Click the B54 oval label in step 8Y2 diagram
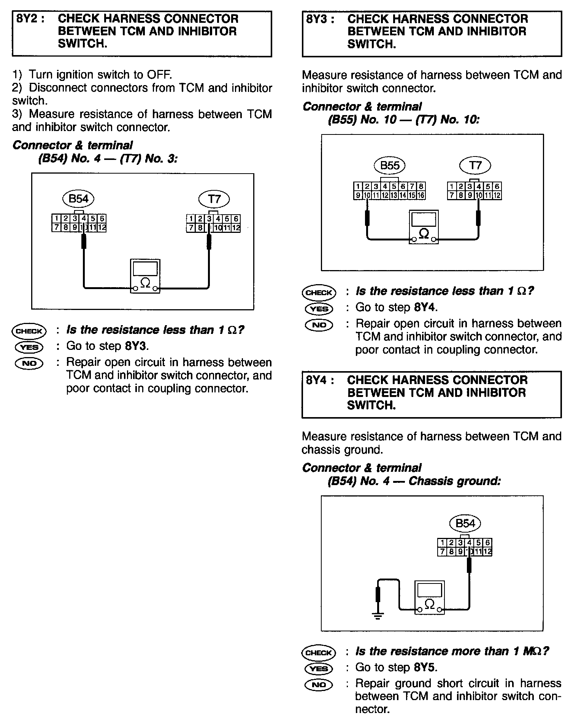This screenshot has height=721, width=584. click(78, 199)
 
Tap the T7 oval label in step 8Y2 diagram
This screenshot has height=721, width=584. click(214, 199)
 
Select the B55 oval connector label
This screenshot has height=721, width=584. click(389, 165)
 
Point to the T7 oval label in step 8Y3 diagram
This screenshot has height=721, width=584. click(475, 165)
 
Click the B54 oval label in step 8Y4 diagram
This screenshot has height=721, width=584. click(465, 523)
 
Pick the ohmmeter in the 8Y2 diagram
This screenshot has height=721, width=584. click(145, 276)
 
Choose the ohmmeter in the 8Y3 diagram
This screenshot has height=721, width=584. click(424, 227)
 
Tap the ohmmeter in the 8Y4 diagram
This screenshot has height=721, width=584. click(429, 597)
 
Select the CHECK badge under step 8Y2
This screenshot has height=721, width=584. click(29, 331)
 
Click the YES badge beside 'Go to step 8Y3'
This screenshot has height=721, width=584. click(29, 347)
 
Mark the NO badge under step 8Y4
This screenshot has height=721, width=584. click(319, 684)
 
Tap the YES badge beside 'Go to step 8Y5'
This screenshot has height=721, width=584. click(319, 668)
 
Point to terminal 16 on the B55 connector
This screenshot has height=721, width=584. click(421, 196)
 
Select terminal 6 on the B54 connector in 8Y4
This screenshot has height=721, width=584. click(487, 542)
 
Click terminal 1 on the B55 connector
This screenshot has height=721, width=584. click(358, 187)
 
